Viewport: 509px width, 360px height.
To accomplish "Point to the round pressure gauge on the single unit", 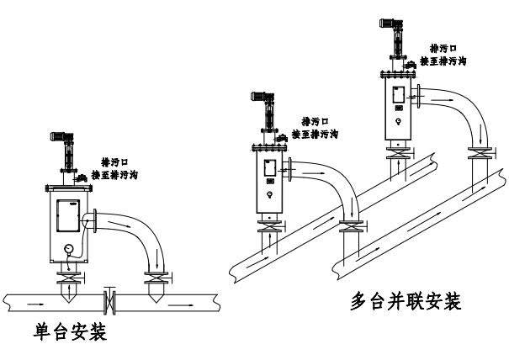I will (66, 248).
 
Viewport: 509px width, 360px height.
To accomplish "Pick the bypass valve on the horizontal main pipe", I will (109, 298).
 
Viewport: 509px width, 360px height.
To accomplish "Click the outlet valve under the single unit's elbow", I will (155, 277).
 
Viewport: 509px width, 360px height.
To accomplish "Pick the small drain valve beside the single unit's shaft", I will (82, 177).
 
